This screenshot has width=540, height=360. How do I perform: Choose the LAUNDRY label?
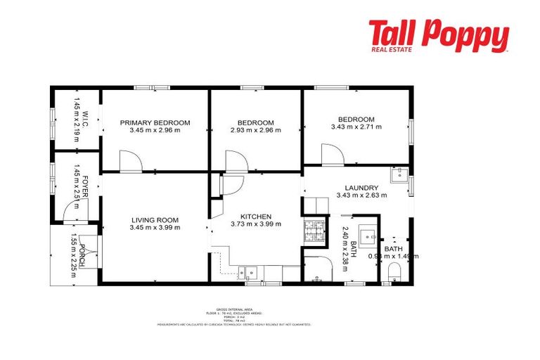pyautogui.click(x=361, y=188)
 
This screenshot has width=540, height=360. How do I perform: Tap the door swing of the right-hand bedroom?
pyautogui.click(x=330, y=154)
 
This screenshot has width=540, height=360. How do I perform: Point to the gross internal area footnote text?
pyautogui.click(x=234, y=316)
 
